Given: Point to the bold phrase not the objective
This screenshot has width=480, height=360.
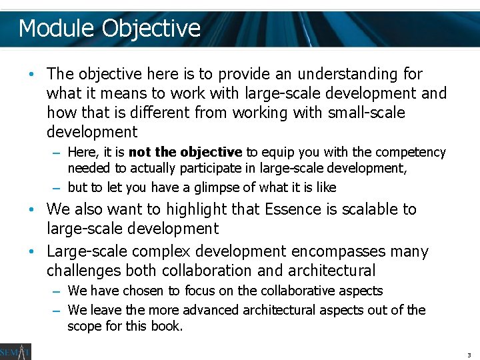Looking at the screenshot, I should coord(185,152).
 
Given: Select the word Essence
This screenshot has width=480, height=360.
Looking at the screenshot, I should coord(293,209).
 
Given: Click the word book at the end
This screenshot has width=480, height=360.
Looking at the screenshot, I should coord(167,327).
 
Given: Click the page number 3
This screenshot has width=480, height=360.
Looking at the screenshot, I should coord(469,355).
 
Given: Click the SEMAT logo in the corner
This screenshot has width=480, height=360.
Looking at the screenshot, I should coord(15,351).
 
